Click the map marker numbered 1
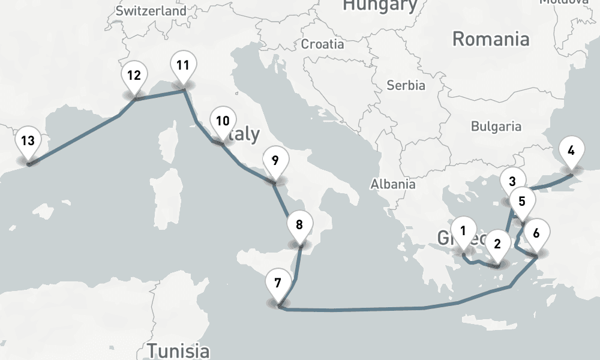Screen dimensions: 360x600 [463, 231]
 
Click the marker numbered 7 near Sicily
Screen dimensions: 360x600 [277, 284]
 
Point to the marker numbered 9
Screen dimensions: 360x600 [275, 161]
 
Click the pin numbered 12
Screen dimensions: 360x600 [134, 76]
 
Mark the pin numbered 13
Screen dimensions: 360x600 [28, 142]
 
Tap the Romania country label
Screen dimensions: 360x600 [491, 40]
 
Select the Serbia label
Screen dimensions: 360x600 [406, 85]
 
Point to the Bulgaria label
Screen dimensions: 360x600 [496, 127]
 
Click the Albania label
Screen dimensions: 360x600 [393, 184]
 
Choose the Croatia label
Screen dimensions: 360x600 [323, 44]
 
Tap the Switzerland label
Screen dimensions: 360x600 [151, 11]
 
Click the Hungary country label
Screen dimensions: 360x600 [380, 6]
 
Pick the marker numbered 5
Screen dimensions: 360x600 [522, 202]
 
